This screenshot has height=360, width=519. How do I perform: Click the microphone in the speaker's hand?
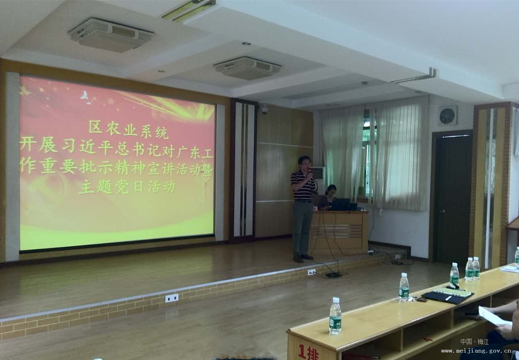pos(310,172)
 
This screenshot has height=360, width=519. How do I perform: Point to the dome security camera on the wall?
pos(264,110)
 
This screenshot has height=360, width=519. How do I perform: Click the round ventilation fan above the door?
pos(447,116)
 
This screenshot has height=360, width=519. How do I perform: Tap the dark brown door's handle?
pos(442,211)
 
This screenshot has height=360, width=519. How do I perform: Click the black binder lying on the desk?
pos(447,295)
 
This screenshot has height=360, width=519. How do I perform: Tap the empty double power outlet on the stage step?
pos(172,298)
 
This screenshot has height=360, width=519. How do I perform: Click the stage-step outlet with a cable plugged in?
pos(311,272)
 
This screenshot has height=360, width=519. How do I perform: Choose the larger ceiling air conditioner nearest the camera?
pos(111,34)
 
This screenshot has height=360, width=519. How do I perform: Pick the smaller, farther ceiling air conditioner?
pos(248,68)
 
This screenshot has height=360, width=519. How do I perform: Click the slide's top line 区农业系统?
pos(129,130)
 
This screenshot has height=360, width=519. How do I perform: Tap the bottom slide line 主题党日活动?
pos(126,187)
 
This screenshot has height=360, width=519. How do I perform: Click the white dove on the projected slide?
pos(84,95)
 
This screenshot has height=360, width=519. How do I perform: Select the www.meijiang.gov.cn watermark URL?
pos(476,351)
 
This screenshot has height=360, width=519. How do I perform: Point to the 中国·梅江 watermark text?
pos(474,342)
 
